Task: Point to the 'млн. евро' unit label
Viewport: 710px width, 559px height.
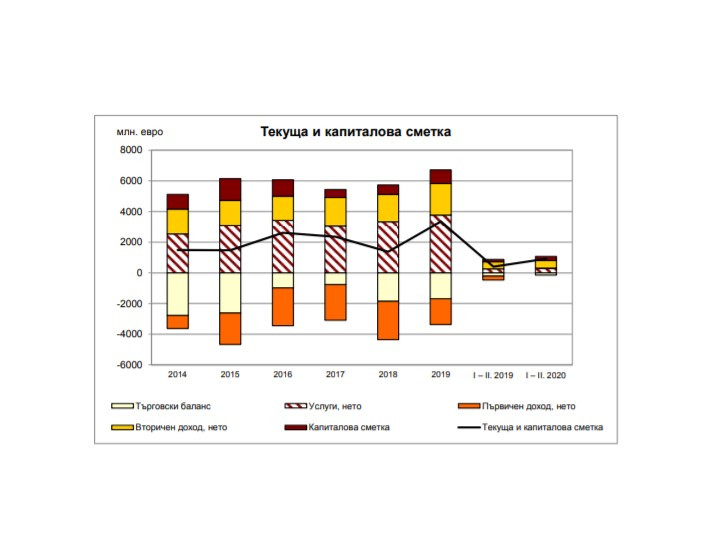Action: point(139,132)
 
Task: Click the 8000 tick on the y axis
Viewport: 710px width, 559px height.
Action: point(131,150)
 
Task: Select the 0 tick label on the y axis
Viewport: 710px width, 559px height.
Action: point(139,273)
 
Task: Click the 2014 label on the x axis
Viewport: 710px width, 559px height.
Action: point(178,376)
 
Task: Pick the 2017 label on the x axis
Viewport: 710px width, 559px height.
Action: point(335,376)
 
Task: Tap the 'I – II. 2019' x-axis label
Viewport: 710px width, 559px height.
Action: point(492,376)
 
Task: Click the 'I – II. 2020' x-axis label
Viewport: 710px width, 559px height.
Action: point(545,376)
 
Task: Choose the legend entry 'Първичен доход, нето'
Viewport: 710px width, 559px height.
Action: point(527,407)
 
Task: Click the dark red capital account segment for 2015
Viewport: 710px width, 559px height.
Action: point(231,189)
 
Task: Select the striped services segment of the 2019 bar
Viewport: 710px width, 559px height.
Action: point(440,243)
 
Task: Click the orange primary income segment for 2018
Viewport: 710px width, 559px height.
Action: point(388,320)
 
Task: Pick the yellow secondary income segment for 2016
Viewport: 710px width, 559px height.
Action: point(283,207)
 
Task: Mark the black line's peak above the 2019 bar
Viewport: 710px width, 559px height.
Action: point(440,221)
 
